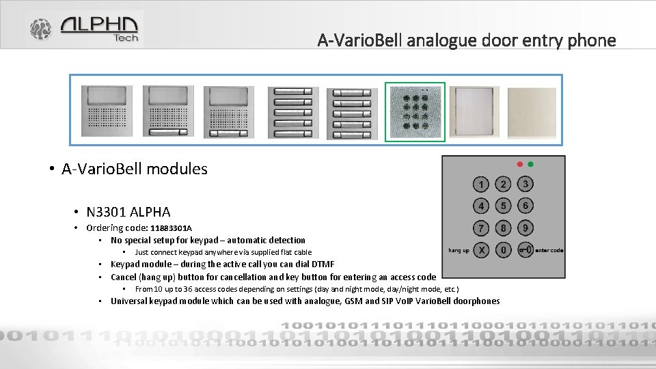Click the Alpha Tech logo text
click(x=100, y=28)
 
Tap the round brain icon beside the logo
click(x=40, y=29)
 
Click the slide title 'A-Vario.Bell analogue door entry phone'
click(x=466, y=40)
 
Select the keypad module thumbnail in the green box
click(x=415, y=111)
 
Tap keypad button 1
click(x=482, y=184)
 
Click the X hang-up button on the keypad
click(x=482, y=250)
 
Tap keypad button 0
click(x=504, y=250)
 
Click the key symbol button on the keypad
click(x=525, y=250)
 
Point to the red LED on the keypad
click(x=520, y=164)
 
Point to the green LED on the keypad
click(x=530, y=164)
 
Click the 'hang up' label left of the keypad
click(x=459, y=251)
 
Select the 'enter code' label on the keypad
click(x=549, y=251)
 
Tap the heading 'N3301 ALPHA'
click(x=128, y=212)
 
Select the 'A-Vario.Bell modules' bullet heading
click(x=134, y=169)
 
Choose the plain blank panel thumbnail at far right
click(x=532, y=111)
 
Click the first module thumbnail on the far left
click(x=107, y=111)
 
